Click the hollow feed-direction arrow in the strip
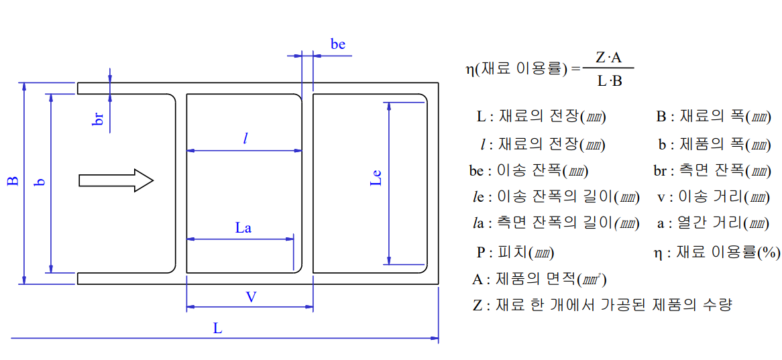click(116, 180)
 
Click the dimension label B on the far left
click(12, 181)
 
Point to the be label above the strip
click(338, 45)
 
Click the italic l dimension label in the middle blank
click(246, 139)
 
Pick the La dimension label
click(243, 228)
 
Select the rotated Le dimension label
click(376, 178)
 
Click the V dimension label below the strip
click(251, 297)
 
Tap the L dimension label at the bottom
click(217, 328)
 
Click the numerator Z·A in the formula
click(608, 58)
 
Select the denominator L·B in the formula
click(608, 82)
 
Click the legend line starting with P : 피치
click(514, 253)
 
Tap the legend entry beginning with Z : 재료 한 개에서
click(602, 305)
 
